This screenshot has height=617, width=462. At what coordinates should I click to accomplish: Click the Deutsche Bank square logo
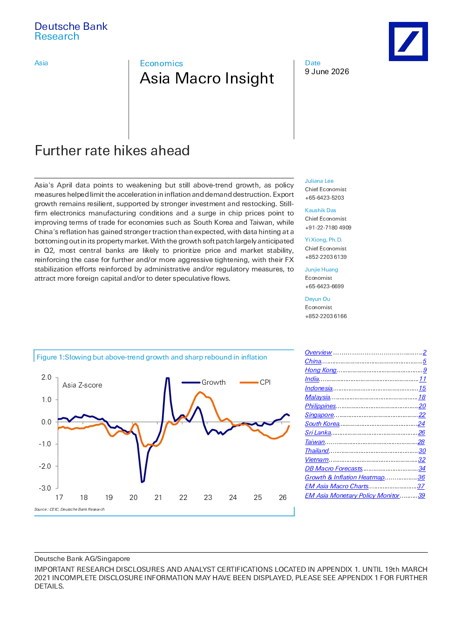408,42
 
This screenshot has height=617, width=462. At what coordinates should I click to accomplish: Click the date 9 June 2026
327,72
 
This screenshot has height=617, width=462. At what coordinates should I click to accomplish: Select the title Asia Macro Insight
207,78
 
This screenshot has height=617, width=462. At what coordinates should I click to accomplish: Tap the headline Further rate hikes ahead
112,150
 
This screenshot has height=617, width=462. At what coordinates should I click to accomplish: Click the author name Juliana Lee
319,181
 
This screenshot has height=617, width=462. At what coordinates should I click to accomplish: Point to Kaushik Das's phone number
328,228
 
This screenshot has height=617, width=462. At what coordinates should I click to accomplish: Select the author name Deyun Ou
318,299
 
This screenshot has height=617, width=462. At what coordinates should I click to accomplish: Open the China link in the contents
313,361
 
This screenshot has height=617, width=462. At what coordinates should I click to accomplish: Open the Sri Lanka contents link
318,433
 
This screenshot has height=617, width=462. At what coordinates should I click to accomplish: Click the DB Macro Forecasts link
334,468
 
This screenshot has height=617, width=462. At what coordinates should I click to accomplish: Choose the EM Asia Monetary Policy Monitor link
352,495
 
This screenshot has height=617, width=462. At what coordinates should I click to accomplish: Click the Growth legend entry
204,382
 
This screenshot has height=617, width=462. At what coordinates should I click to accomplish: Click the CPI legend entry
255,382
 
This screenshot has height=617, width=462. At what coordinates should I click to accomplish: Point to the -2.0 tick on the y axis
46,466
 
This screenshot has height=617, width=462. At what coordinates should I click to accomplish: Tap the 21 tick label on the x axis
158,498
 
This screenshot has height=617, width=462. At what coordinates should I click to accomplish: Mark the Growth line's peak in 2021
168,378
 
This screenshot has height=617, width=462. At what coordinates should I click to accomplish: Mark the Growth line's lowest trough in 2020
143,482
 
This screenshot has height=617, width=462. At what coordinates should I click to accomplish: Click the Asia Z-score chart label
82,385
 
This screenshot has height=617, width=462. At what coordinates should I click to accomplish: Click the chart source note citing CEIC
69,509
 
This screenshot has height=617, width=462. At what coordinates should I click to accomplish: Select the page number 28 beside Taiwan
421,442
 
